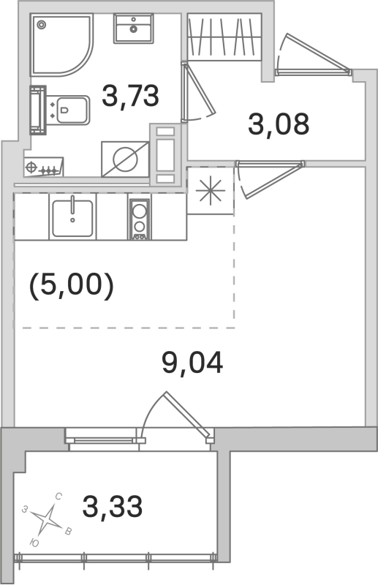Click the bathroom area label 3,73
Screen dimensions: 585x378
coord(131,97)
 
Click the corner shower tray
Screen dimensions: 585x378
coord(58,45)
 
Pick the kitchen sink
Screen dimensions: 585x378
coord(73,216)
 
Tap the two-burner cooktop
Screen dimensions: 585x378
coord(138,219)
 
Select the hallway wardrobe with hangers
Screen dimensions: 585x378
coord(224,37)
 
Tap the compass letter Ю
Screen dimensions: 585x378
coord(35,543)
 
